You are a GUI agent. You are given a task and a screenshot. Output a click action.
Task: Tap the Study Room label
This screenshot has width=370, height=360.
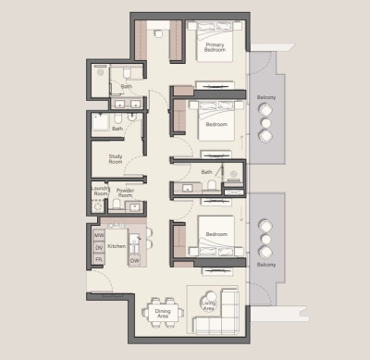point(117,160)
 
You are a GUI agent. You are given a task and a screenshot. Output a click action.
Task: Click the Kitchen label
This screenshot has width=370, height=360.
point(117,247)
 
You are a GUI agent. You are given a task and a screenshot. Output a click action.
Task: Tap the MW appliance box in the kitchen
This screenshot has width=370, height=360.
point(99,236)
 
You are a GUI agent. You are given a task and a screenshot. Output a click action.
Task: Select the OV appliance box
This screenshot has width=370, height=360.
point(99,248)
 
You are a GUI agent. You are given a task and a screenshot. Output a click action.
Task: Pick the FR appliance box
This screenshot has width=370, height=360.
point(99,261)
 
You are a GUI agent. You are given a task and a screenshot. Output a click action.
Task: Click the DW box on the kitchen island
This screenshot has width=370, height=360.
point(135,261)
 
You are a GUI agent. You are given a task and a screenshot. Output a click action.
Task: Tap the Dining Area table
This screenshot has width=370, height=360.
point(163,311)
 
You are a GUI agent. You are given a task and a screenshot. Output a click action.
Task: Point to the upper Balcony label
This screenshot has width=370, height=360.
point(265,96)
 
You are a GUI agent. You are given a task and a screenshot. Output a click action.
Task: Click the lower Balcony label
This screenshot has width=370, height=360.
point(265,266)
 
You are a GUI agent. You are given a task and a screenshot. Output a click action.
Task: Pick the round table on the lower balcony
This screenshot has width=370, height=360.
point(266,239)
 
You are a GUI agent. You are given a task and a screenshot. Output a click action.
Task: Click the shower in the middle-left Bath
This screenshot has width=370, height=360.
point(101,125)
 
